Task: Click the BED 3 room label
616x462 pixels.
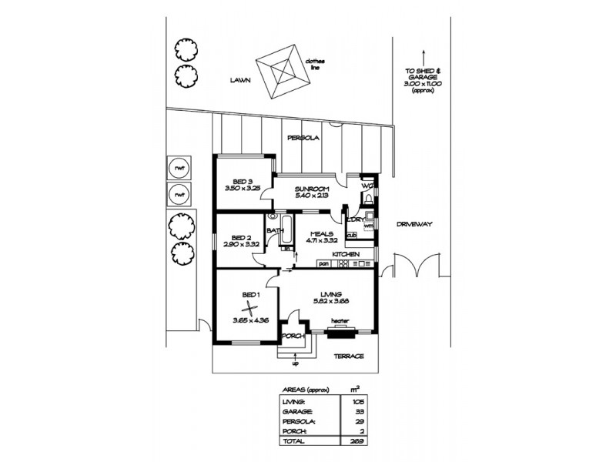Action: pos(243,182)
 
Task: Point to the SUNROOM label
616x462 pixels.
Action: pos(312,189)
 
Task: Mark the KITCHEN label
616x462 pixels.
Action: pos(346,253)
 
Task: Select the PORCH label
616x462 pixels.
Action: pos(293,336)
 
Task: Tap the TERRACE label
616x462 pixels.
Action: pos(347,356)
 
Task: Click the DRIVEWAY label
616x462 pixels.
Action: pos(416,223)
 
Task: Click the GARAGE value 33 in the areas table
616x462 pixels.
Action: pos(360,413)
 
